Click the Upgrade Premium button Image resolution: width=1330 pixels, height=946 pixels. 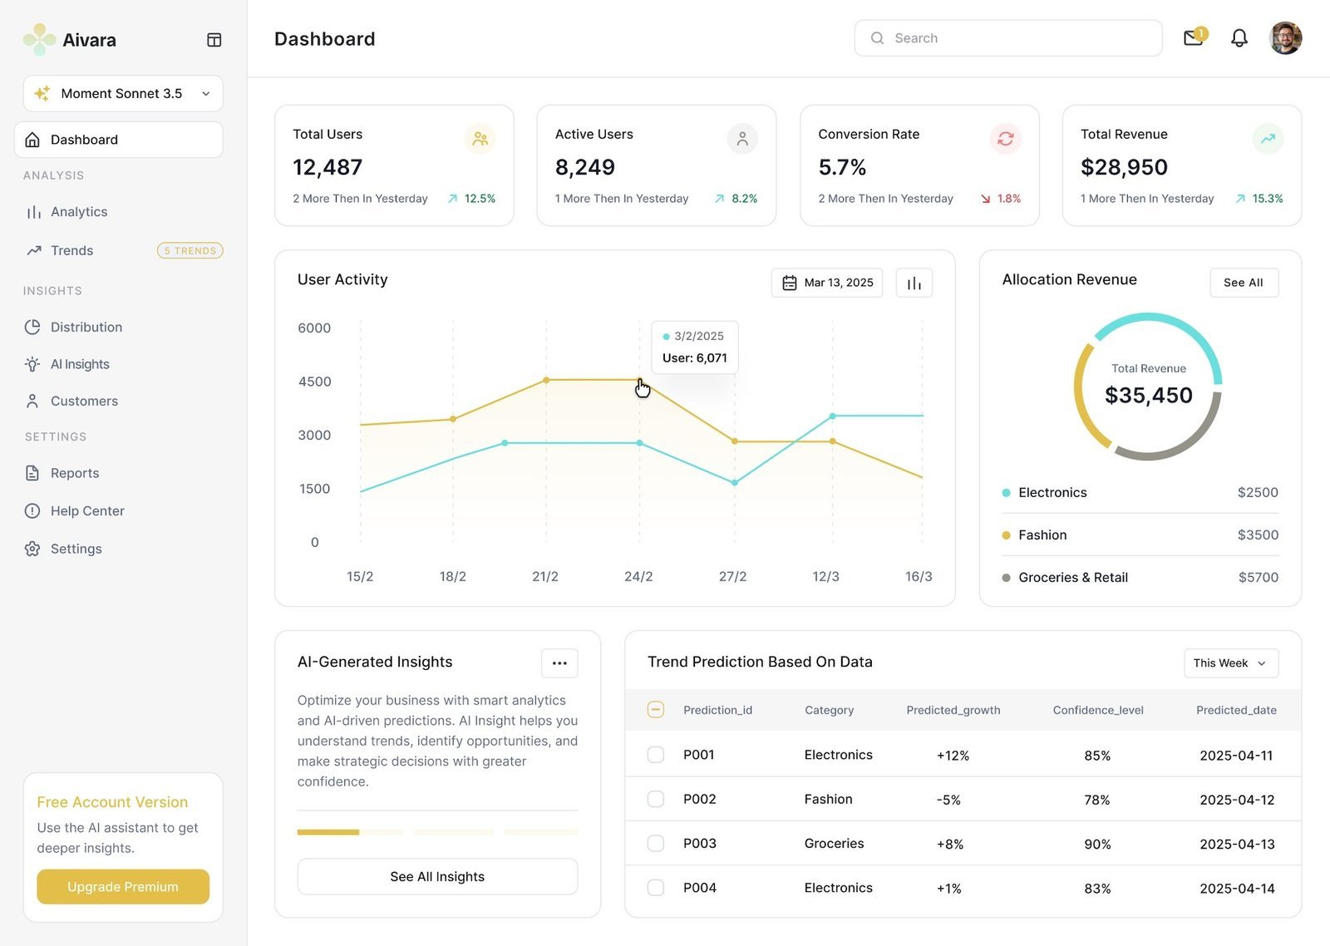pos(123,886)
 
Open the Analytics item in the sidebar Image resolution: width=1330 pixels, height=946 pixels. pos(79,212)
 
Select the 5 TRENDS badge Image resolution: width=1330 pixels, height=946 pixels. pos(190,250)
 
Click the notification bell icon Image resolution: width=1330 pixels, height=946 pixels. pos(1239,38)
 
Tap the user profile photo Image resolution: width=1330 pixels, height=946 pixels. pos(1285,38)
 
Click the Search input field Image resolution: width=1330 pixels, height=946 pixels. pos(1008,38)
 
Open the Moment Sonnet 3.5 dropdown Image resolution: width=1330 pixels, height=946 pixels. pos(123,93)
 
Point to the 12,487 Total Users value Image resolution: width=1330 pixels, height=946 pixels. pos(328,167)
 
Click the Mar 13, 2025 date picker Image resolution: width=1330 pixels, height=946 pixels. pos(826,283)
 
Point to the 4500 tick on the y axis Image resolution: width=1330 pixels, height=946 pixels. pos(315,382)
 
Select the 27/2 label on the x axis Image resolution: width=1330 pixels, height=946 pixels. pos(732,576)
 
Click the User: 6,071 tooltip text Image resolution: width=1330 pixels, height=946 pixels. pos(695,357)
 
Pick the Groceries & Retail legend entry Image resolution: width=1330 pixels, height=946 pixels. pos(1073,577)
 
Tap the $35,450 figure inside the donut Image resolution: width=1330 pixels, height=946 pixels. pos(1148,395)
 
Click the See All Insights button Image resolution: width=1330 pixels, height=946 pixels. pos(437,876)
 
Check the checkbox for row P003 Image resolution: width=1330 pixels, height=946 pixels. pos(656,843)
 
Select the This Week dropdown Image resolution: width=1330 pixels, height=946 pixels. pos(1231,663)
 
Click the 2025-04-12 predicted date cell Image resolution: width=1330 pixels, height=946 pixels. pos(1237,800)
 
